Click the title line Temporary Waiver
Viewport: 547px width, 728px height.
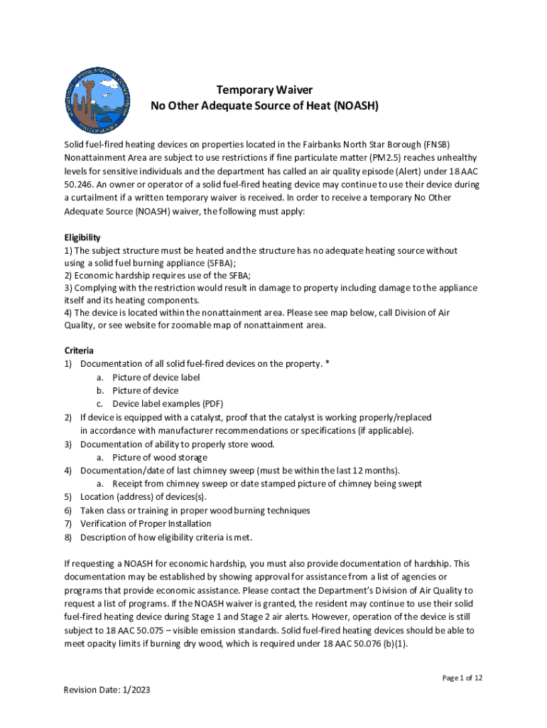[x=264, y=90]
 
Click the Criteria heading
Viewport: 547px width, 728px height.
[x=79, y=350]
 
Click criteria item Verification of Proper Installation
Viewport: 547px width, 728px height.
[x=145, y=524]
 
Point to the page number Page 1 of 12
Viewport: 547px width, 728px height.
[x=462, y=678]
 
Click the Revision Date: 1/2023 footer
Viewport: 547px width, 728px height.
[x=107, y=690]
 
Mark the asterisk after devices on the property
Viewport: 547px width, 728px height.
[x=327, y=364]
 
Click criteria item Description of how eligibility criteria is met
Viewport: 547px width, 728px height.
[x=166, y=537]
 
